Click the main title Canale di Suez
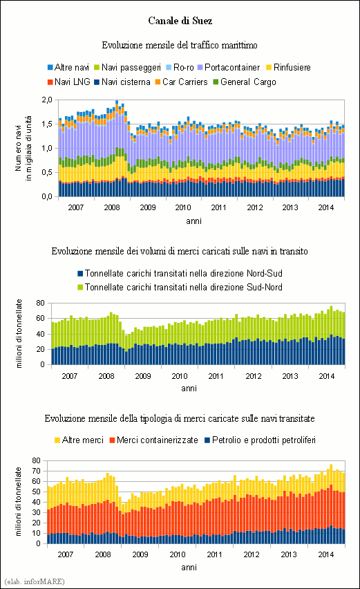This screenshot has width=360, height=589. coord(180,20)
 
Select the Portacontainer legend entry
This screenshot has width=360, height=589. coord(229,67)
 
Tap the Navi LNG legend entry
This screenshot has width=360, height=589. coord(69,82)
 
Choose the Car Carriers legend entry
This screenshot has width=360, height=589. coord(181,82)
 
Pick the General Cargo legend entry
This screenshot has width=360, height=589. coord(245,82)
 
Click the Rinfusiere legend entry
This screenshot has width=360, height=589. coord(288,67)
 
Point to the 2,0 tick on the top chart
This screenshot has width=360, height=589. coord(47,100)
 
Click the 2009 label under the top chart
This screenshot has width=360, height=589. coord(148,207)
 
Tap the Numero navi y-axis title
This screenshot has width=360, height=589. coord(23,148)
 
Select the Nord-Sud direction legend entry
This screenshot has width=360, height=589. coord(180,273)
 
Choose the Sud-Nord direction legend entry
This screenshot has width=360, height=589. coord(180,287)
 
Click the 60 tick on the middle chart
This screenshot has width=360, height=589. coord(41,318)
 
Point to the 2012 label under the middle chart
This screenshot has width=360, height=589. coord(254,375)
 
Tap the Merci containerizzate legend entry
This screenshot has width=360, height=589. coord(153,440)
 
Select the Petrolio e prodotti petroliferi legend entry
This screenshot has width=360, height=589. coord(260,440)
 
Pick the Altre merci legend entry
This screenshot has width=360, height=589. coord(79,440)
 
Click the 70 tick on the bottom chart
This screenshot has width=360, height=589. coord(37,471)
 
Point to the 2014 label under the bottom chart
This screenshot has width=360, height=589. coord(326,554)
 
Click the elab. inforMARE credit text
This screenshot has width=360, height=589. coord(35,581)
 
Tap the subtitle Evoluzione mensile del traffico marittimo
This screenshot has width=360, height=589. coord(180,45)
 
